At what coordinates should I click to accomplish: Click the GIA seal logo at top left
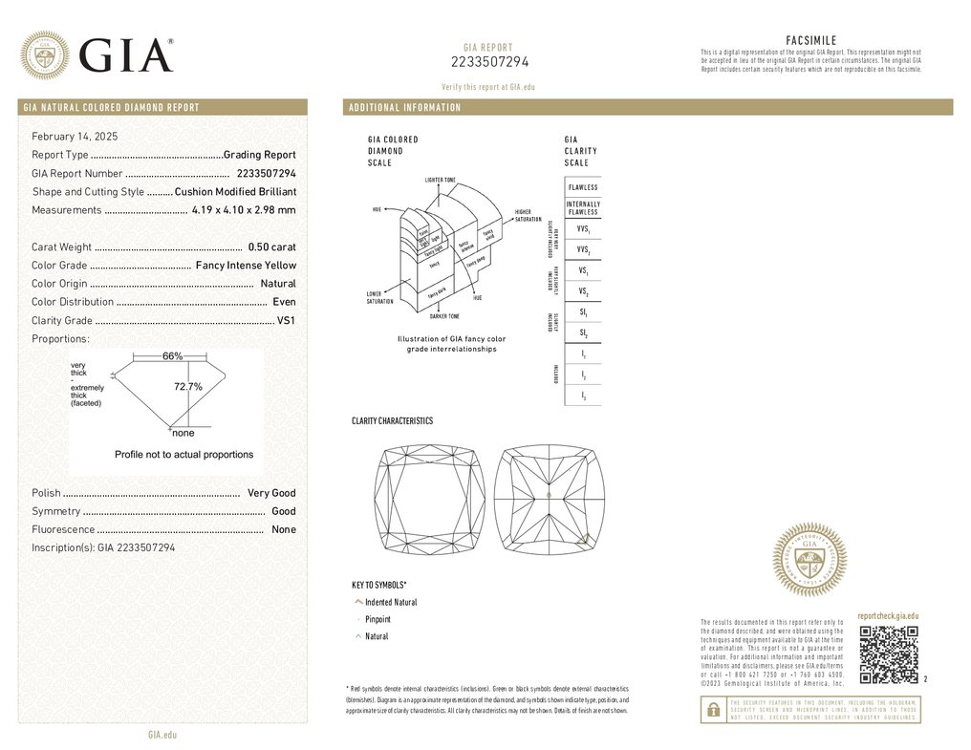[x=45, y=55]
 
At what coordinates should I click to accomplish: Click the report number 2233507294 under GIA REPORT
[x=489, y=62]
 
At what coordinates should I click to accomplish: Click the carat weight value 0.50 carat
[x=271, y=247]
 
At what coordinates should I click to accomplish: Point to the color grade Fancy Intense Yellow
[x=246, y=266]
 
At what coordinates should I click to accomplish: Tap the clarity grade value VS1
[x=286, y=321]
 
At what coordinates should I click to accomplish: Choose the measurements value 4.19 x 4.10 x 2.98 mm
[x=244, y=210]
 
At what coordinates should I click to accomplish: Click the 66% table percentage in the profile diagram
[x=172, y=356]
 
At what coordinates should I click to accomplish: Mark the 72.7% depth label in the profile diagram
[x=187, y=387]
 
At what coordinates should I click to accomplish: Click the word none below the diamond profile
[x=183, y=434]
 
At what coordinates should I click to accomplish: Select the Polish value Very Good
[x=271, y=493]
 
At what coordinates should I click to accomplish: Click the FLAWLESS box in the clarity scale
[x=583, y=187]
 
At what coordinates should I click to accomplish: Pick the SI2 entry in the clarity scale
[x=583, y=332]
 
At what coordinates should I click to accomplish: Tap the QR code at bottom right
[x=888, y=655]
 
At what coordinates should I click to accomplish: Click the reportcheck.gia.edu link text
[x=888, y=617]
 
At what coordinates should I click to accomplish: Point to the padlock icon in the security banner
[x=712, y=710]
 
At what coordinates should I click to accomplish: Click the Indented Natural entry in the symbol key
[x=391, y=603]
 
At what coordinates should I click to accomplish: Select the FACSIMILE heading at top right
[x=810, y=40]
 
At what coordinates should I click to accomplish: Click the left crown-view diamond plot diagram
[x=429, y=500]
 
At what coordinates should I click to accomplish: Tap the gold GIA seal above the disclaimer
[x=809, y=561]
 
